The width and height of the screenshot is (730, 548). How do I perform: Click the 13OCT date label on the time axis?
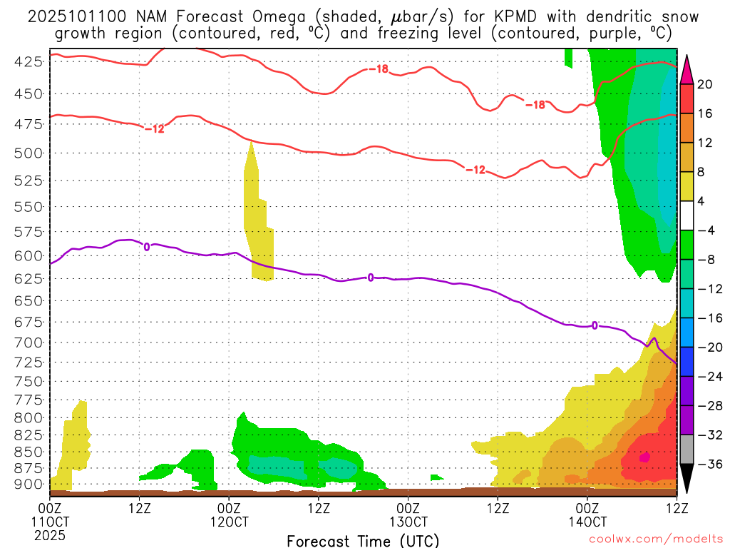[407, 522]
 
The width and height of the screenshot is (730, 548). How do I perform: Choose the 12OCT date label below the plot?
[228, 522]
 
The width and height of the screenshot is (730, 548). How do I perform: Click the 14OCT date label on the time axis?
[587, 522]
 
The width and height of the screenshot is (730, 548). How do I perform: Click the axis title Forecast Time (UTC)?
[363, 541]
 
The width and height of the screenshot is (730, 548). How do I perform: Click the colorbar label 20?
[704, 84]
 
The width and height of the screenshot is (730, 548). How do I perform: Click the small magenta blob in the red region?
[644, 457]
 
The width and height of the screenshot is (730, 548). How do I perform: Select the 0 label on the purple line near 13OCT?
[371, 278]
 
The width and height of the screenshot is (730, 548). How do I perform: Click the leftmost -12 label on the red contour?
[155, 128]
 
